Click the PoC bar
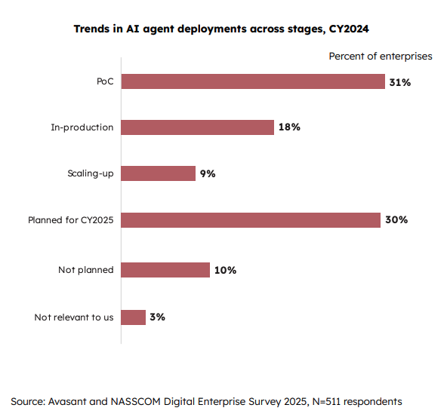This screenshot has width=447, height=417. (x=253, y=81)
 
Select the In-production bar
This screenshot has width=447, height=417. (x=198, y=127)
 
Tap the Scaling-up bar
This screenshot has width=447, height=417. (x=159, y=173)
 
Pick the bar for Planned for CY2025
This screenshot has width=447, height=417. (x=251, y=220)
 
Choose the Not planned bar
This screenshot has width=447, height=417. (x=165, y=270)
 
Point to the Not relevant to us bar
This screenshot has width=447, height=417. (x=134, y=317)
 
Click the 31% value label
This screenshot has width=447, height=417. (x=400, y=82)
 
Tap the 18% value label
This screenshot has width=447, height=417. (x=289, y=127)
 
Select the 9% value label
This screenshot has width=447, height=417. (x=208, y=173)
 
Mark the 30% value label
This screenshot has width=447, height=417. (x=396, y=219)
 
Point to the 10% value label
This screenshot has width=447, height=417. (x=225, y=270)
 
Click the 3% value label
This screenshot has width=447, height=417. (x=157, y=317)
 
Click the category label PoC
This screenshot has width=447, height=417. (x=105, y=81)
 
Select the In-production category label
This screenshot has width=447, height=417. (x=82, y=127)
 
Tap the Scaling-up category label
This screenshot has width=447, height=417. (x=91, y=173)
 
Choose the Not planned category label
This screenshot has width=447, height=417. (x=86, y=270)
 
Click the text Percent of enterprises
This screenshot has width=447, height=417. (x=381, y=57)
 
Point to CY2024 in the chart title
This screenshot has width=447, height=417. (x=349, y=29)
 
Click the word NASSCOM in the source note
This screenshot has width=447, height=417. (x=135, y=401)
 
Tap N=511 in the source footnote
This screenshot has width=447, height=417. (x=327, y=401)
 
